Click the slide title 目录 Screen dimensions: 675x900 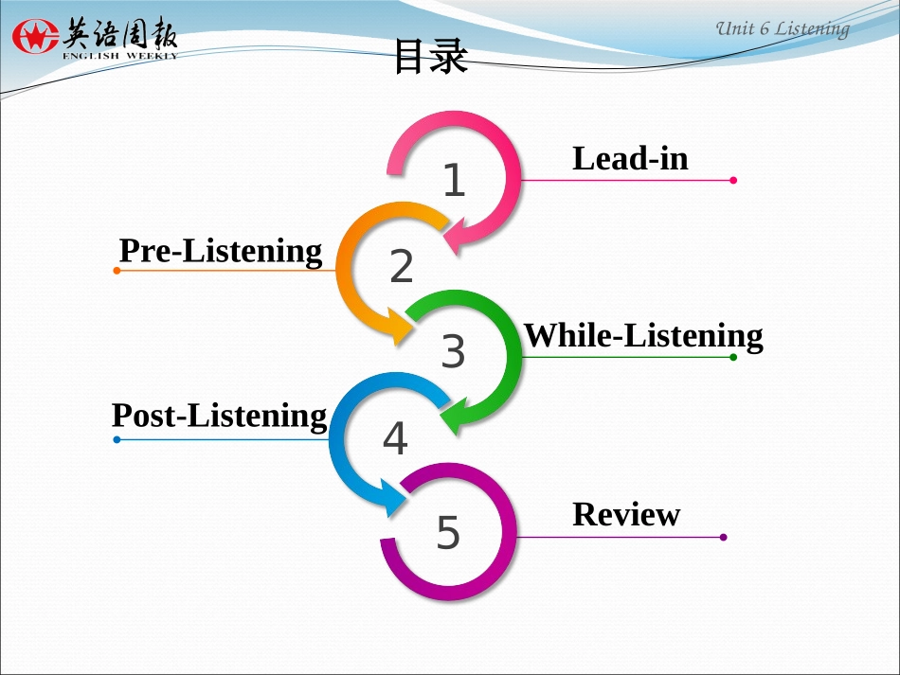(430, 58)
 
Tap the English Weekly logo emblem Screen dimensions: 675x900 (35, 38)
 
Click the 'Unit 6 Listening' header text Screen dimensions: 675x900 (782, 28)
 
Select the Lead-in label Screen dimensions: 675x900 (630, 158)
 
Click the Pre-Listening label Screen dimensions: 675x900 (221, 251)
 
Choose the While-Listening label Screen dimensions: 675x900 (643, 335)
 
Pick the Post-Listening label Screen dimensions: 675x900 (219, 416)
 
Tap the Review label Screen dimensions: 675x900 (626, 514)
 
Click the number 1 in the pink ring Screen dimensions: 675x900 (455, 181)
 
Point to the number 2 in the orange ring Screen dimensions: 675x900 (402, 267)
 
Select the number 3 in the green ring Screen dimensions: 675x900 (453, 352)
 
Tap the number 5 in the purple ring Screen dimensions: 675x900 (448, 533)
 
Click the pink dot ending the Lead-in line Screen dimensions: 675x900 (733, 180)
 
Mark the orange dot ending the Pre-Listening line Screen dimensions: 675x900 (117, 271)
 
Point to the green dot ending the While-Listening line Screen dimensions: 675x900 (733, 357)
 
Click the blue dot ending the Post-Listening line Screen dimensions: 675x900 (117, 439)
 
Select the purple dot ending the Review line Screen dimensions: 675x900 (723, 537)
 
